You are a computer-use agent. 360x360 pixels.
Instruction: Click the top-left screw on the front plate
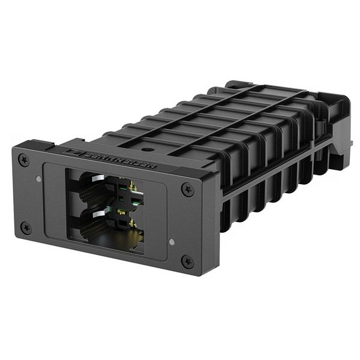pos(23,160)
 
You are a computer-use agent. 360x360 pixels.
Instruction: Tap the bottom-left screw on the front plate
pos(26,227)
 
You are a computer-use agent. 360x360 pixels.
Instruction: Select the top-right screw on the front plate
pos(187,190)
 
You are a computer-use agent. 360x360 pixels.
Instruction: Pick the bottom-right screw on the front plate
pos(187,262)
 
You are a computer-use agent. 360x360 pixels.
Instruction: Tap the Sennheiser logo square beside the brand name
pos(76,151)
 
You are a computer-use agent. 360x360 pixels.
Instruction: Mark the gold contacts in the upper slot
pos(133,188)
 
